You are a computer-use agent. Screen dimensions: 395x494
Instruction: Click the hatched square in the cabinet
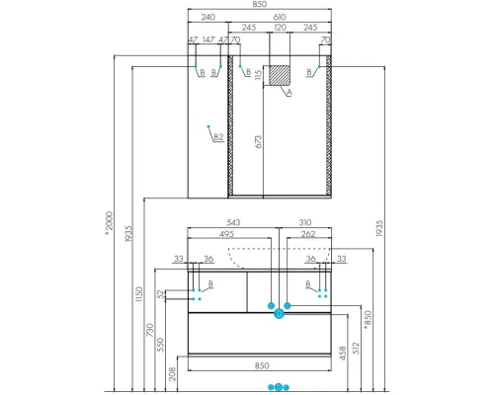coord(281,75)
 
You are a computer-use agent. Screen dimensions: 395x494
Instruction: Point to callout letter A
coord(288,95)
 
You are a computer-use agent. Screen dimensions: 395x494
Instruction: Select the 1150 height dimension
coord(139,293)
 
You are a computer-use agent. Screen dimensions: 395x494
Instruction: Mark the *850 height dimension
coord(369,318)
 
